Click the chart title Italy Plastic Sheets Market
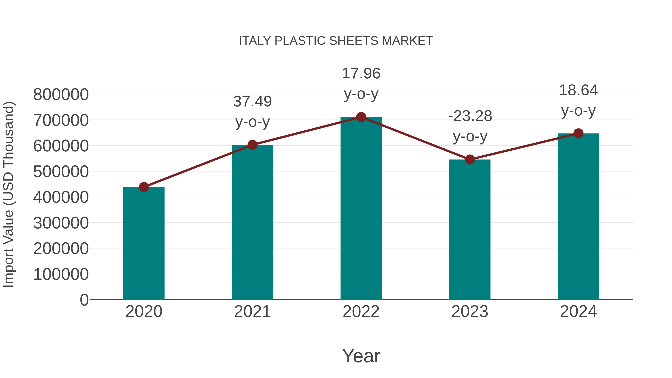336,41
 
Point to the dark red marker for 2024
578,134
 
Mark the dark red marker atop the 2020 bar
144,187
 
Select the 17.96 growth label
361,83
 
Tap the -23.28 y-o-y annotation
470,126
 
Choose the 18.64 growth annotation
578,100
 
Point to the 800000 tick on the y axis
61,94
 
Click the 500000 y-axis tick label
61,172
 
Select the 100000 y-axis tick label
61,274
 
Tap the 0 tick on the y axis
84,300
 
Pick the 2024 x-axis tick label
578,312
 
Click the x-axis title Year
361,356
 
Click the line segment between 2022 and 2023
415,138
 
